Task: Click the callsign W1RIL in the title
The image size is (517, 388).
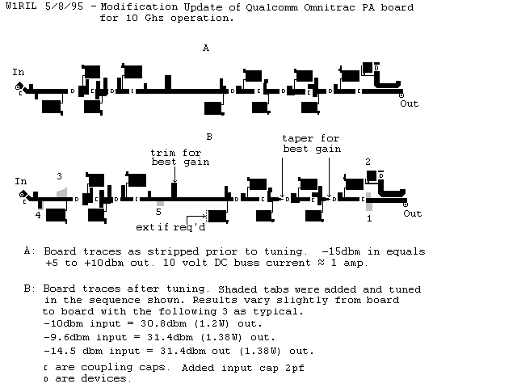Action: click(x=21, y=6)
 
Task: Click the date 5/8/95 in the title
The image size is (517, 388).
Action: click(x=64, y=6)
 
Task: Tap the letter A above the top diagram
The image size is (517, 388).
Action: click(x=206, y=48)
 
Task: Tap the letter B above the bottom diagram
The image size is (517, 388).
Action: click(x=209, y=137)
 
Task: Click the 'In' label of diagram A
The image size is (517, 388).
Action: click(x=19, y=72)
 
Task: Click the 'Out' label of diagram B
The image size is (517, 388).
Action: click(x=412, y=213)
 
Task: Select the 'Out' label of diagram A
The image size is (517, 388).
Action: click(x=410, y=103)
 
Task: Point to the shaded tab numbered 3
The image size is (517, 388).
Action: click(x=62, y=192)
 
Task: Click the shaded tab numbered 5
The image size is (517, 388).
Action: click(x=160, y=204)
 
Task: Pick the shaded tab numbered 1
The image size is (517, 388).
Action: click(x=369, y=201)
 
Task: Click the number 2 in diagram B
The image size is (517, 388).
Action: click(x=368, y=162)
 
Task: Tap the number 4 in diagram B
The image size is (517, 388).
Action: click(x=38, y=215)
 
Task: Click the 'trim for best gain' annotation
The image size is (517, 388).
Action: click(x=180, y=158)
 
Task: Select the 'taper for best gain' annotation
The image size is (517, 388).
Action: click(x=312, y=144)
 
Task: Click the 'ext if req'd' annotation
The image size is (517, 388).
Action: click(x=170, y=227)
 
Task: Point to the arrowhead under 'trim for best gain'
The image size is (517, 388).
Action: click(x=174, y=180)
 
